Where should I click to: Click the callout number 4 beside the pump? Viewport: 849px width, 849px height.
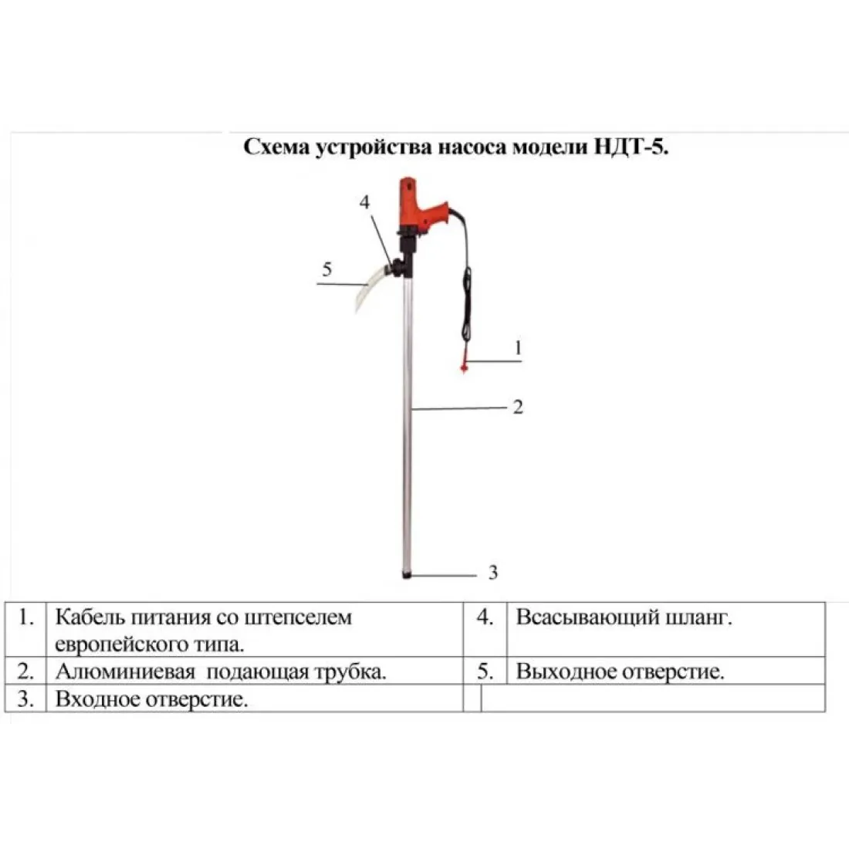(x=364, y=202)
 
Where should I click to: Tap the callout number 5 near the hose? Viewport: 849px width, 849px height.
(x=326, y=269)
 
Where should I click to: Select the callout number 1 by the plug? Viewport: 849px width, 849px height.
(x=518, y=347)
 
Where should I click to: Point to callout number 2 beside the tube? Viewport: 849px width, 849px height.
(x=518, y=407)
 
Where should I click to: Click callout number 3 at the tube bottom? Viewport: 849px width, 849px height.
(x=492, y=573)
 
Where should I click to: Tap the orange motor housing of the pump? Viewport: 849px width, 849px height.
(x=421, y=207)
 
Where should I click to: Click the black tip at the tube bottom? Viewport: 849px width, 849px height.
(x=408, y=574)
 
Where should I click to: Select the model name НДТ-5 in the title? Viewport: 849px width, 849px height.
(x=631, y=147)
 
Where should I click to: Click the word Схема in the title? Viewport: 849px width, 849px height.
(x=276, y=147)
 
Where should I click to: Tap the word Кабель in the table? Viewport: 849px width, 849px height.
(x=90, y=617)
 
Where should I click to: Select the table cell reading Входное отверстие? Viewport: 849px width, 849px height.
(x=255, y=698)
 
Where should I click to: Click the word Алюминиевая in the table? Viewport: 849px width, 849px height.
(x=125, y=672)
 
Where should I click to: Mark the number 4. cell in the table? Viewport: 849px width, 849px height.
(x=485, y=629)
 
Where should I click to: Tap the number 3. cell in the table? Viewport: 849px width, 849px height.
(x=25, y=698)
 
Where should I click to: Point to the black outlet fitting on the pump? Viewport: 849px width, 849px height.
(x=398, y=267)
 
